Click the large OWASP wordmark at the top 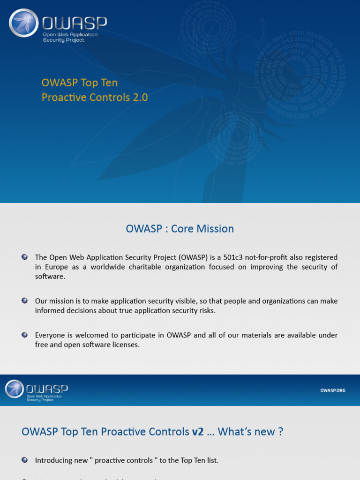pos(75,23)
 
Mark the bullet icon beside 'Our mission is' pos(24,300)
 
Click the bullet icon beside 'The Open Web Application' pos(24,257)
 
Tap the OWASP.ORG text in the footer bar pos(332,390)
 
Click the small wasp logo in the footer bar pos(14,389)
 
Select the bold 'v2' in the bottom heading pos(197,431)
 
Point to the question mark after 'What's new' pos(280,431)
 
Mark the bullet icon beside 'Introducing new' pos(24,460)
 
